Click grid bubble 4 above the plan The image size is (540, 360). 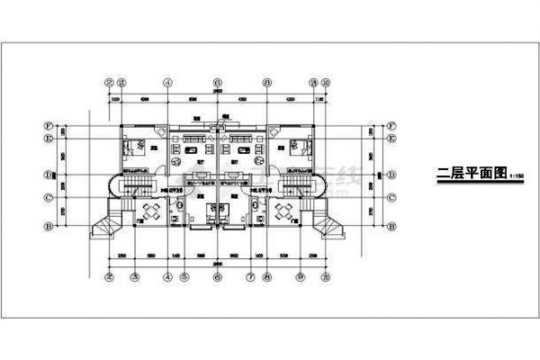(167, 81)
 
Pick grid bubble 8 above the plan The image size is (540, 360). (267, 81)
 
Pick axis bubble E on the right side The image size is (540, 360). (393, 139)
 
